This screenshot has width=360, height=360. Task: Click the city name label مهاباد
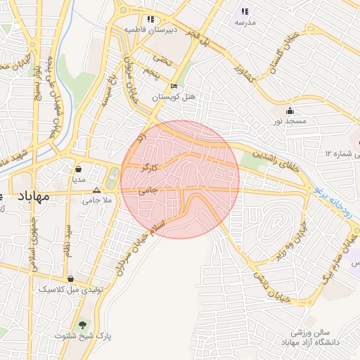tap(30, 196)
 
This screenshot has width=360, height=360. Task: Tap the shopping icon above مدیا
tap(78, 169)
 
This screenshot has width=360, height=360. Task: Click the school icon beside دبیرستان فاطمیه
tap(150, 20)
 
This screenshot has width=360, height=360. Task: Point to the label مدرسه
tap(245, 22)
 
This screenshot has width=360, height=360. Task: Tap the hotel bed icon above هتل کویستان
tap(174, 86)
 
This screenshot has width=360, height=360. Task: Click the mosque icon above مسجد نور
tap(290, 110)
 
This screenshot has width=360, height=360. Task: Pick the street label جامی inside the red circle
tap(148, 191)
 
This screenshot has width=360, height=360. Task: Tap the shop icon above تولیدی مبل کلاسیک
tap(70, 278)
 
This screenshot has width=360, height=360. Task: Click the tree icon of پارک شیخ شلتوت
tap(84, 325)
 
